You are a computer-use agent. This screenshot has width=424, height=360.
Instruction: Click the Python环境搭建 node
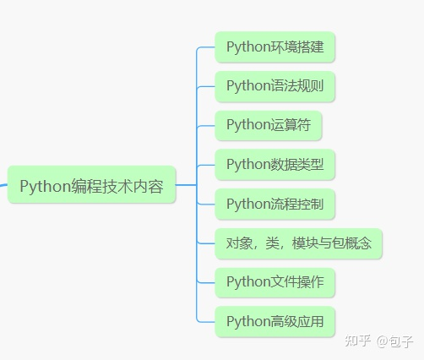click(275, 46)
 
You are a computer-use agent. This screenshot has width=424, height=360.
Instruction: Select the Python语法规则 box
click(275, 86)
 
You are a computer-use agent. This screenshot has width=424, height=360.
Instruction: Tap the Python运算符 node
click(269, 125)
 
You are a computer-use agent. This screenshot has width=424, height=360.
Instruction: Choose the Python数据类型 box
click(275, 165)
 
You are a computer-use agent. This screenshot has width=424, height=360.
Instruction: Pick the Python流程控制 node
click(275, 204)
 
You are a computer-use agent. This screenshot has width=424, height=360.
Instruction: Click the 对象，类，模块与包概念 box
click(298, 243)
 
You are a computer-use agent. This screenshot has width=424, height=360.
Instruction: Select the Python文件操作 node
click(275, 282)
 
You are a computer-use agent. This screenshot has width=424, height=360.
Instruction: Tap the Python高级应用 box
click(275, 321)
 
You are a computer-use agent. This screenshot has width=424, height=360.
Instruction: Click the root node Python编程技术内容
click(91, 184)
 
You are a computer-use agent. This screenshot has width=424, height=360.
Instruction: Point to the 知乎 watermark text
click(357, 341)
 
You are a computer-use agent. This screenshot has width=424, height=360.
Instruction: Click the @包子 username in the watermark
click(394, 341)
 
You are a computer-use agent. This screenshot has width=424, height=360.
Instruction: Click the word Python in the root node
click(45, 187)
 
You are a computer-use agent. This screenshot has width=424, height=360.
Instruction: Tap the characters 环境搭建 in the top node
click(297, 46)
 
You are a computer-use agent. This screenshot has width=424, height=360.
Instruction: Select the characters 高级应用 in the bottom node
click(297, 321)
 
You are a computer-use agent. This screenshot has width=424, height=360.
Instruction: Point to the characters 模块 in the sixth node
click(305, 243)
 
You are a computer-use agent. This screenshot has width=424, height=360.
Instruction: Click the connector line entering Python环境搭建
click(205, 47)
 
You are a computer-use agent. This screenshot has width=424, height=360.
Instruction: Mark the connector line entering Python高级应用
click(205, 321)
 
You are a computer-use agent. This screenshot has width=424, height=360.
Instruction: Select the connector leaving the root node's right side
click(186, 185)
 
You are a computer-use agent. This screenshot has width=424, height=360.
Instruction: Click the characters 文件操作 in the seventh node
click(297, 282)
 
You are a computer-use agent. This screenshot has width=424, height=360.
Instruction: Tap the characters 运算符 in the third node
click(291, 125)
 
